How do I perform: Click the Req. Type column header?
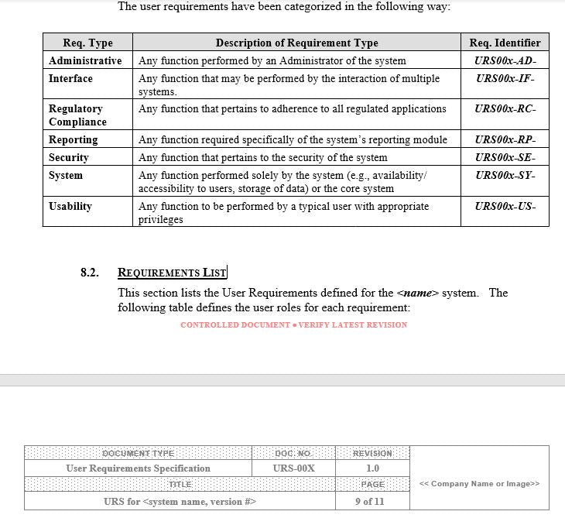tap(87, 43)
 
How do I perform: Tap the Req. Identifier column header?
tap(505, 43)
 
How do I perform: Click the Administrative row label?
tap(85, 60)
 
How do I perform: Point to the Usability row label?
tap(70, 206)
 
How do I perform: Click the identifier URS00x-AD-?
tap(505, 60)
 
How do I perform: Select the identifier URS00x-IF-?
tap(505, 78)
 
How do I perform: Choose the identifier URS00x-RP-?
tap(505, 139)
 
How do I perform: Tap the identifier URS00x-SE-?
tap(505, 157)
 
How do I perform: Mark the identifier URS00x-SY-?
tap(505, 175)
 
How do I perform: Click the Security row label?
tap(69, 157)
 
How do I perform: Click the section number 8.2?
tap(90, 273)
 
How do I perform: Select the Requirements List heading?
tap(172, 273)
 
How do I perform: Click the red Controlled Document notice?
tap(293, 324)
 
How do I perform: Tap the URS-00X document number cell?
tap(293, 468)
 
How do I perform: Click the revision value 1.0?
tap(372, 468)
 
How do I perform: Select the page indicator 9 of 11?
tap(372, 501)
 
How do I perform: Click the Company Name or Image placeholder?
tap(479, 484)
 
